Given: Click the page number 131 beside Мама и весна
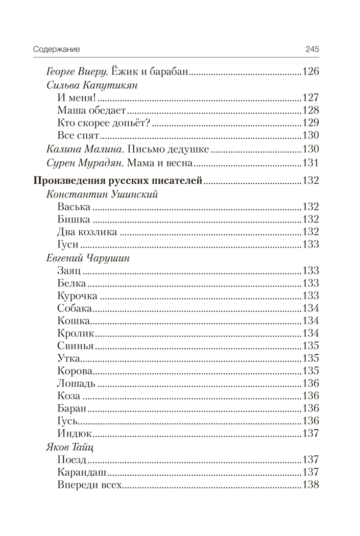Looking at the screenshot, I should point(311,163).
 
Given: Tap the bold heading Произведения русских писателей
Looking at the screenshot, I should point(118,180).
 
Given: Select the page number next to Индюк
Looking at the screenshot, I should point(311,433).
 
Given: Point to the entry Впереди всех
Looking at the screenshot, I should point(89,484).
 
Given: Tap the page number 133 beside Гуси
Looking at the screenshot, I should point(311,245).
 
